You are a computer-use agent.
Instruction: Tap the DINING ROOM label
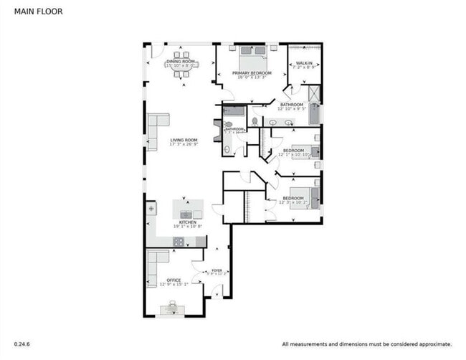pos(180,62)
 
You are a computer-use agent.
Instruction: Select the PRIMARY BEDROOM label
pos(251,73)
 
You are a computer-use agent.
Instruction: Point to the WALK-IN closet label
pos(304,63)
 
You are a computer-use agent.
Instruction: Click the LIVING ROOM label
pos(184,140)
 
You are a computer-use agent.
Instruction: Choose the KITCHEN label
pos(187,222)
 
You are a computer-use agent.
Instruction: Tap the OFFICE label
pos(173,280)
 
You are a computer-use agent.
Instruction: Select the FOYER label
pos(216,270)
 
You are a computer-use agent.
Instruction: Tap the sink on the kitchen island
pos(186,214)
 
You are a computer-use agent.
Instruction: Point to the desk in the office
pos(172,309)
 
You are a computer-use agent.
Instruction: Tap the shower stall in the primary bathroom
pos(313,93)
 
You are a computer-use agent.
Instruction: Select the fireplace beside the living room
pos(217,131)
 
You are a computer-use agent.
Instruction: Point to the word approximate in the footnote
pos(429,344)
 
